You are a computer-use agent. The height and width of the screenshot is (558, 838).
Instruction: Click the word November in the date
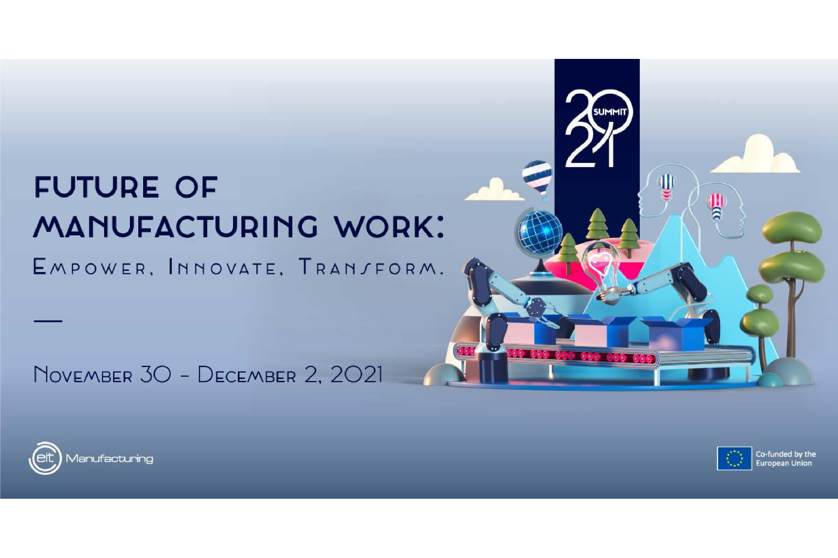83,375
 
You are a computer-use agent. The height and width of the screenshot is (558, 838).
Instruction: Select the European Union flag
734,459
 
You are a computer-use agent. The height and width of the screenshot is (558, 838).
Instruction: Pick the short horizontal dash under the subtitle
48,321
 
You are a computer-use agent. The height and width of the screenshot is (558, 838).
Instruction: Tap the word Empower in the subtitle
89,267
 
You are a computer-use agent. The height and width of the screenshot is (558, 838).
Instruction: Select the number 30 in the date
156,374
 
